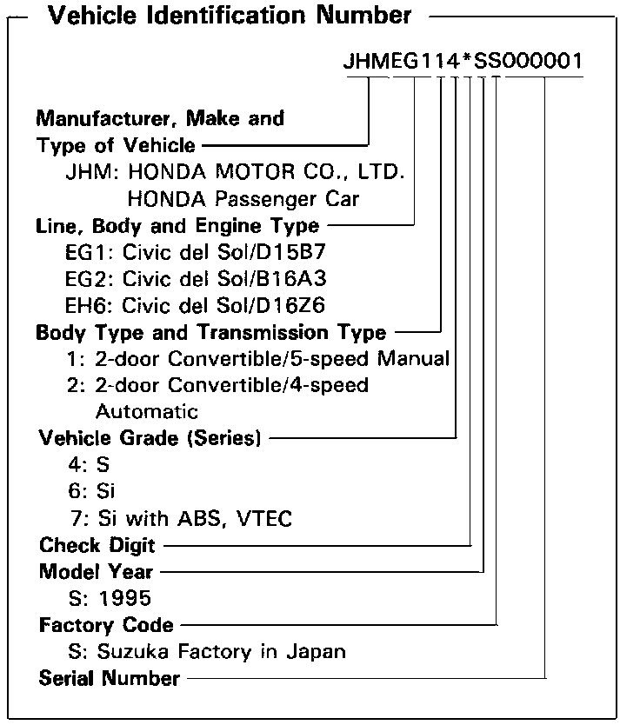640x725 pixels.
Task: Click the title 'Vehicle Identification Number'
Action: click(230, 16)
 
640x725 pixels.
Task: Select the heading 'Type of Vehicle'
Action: click(116, 145)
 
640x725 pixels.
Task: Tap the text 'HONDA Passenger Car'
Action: click(243, 198)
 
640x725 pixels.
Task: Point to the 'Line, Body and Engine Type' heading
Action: click(177, 225)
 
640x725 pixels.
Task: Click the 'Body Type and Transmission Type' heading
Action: click(211, 332)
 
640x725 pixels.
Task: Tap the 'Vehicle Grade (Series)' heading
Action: click(150, 438)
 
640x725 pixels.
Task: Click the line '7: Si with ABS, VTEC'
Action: click(182, 519)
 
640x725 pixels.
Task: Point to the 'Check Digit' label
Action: click(97, 546)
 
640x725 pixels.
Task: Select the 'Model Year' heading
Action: click(96, 572)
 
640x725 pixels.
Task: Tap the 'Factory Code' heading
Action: click(106, 625)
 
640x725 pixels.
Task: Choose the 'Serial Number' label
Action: click(110, 678)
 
